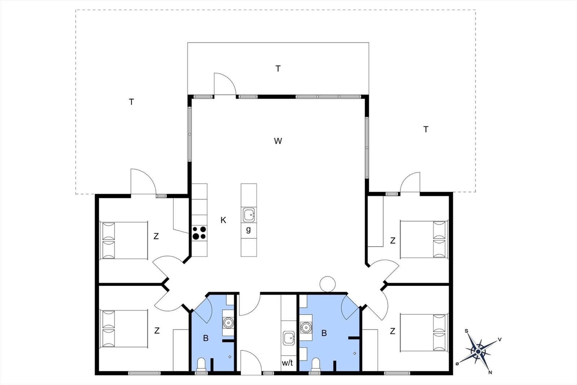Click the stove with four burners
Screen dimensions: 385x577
(199, 233)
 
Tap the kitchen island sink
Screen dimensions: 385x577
(249, 215)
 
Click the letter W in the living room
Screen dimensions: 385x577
(278, 141)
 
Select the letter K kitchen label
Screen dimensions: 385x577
(223, 220)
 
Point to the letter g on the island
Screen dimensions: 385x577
(248, 229)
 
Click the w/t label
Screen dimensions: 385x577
(287, 363)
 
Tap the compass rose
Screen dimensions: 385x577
(478, 351)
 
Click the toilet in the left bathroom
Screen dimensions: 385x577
(201, 363)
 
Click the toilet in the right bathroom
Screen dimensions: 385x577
(316, 363)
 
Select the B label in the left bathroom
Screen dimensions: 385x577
(206, 338)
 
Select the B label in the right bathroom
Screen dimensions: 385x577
(324, 333)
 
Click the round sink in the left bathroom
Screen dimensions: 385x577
(228, 322)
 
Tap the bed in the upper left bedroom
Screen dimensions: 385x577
(124, 241)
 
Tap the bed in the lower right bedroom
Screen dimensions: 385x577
(424, 333)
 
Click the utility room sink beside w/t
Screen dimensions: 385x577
(289, 338)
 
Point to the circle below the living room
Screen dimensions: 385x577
(328, 284)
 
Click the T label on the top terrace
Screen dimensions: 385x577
(278, 69)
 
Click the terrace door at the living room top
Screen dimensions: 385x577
(225, 85)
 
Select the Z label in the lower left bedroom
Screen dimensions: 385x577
(157, 330)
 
